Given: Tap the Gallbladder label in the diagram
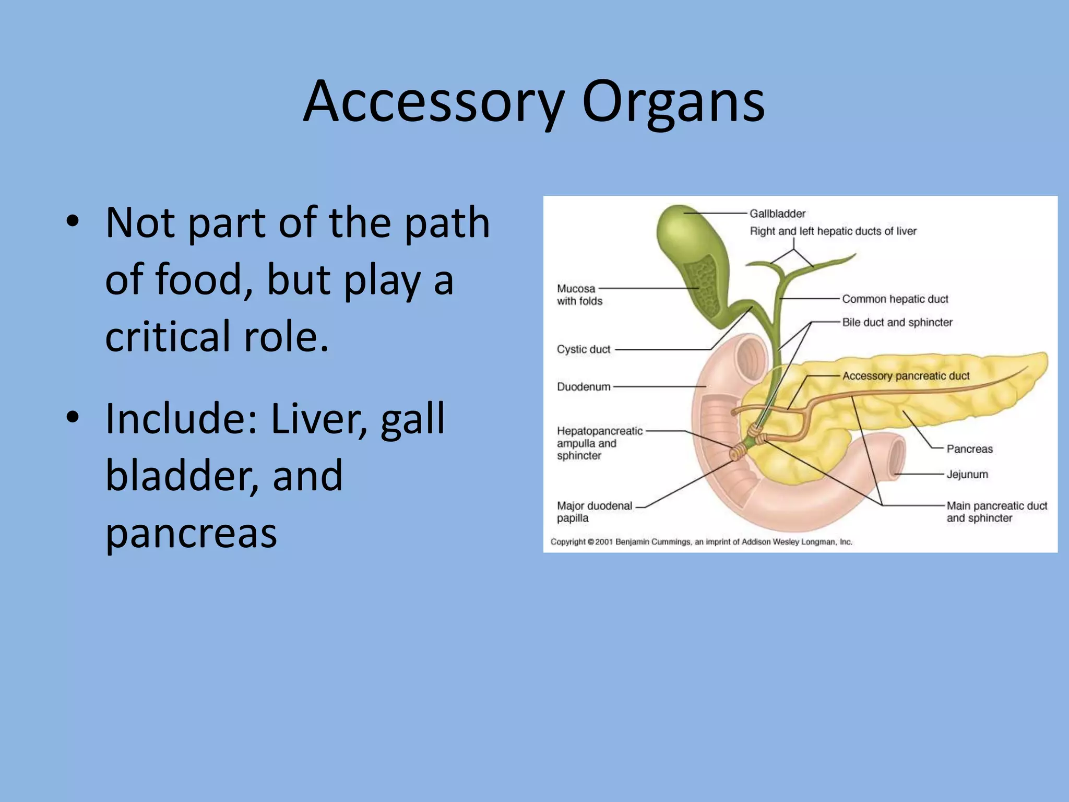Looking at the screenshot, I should [x=777, y=214].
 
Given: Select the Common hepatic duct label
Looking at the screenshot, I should [x=895, y=299].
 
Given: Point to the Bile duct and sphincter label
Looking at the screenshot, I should [x=897, y=323].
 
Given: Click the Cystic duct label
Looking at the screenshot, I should [x=583, y=349].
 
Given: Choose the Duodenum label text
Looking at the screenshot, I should [x=583, y=387].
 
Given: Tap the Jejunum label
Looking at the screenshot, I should [x=967, y=475].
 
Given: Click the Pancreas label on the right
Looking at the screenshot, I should [x=969, y=449].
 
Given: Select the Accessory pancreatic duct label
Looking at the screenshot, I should [x=906, y=376].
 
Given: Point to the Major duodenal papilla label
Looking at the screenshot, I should [x=594, y=512].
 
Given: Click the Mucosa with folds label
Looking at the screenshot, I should [x=579, y=294].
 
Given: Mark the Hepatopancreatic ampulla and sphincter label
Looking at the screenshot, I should [x=599, y=443].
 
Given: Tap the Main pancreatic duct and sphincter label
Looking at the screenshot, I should [x=996, y=512].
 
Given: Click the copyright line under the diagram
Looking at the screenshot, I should [x=701, y=542].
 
